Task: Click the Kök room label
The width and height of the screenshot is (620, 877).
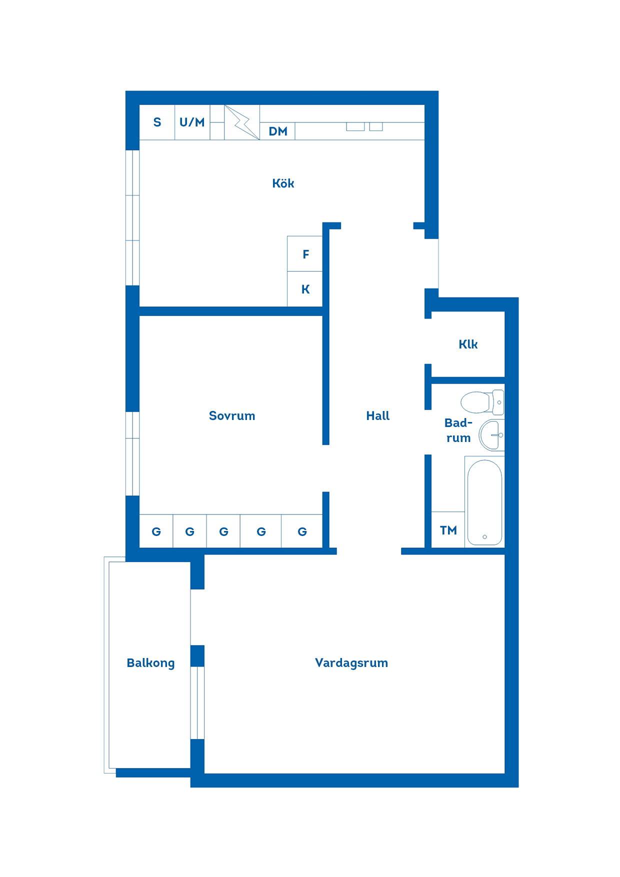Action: point(283,183)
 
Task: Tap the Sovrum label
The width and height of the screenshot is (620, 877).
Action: point(232,415)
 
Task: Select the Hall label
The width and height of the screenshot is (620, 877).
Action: point(377,415)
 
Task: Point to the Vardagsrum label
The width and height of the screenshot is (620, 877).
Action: point(351,663)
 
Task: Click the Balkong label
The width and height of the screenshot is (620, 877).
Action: point(150,663)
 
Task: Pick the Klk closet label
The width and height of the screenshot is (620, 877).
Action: point(468,344)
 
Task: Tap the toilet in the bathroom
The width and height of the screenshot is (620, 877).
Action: point(482,402)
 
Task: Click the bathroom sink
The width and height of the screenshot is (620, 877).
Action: point(491,435)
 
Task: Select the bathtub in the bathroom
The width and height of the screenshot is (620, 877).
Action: point(484,501)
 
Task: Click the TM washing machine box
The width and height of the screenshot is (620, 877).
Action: point(448,529)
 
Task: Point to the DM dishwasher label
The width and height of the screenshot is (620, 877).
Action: point(278,131)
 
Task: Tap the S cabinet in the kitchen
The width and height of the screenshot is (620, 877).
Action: point(157,122)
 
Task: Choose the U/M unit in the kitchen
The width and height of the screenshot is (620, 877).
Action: point(192,122)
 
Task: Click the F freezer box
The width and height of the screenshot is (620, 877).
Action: point(305,254)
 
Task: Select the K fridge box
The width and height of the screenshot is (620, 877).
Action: point(305,289)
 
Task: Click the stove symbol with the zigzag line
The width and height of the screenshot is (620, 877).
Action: point(242,122)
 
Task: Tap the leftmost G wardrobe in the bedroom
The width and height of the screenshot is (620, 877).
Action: point(156,531)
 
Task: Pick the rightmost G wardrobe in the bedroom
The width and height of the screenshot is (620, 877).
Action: point(302,531)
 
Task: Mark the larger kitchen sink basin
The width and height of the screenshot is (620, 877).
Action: point(355,126)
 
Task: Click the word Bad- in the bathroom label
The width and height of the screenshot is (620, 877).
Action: point(458,423)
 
